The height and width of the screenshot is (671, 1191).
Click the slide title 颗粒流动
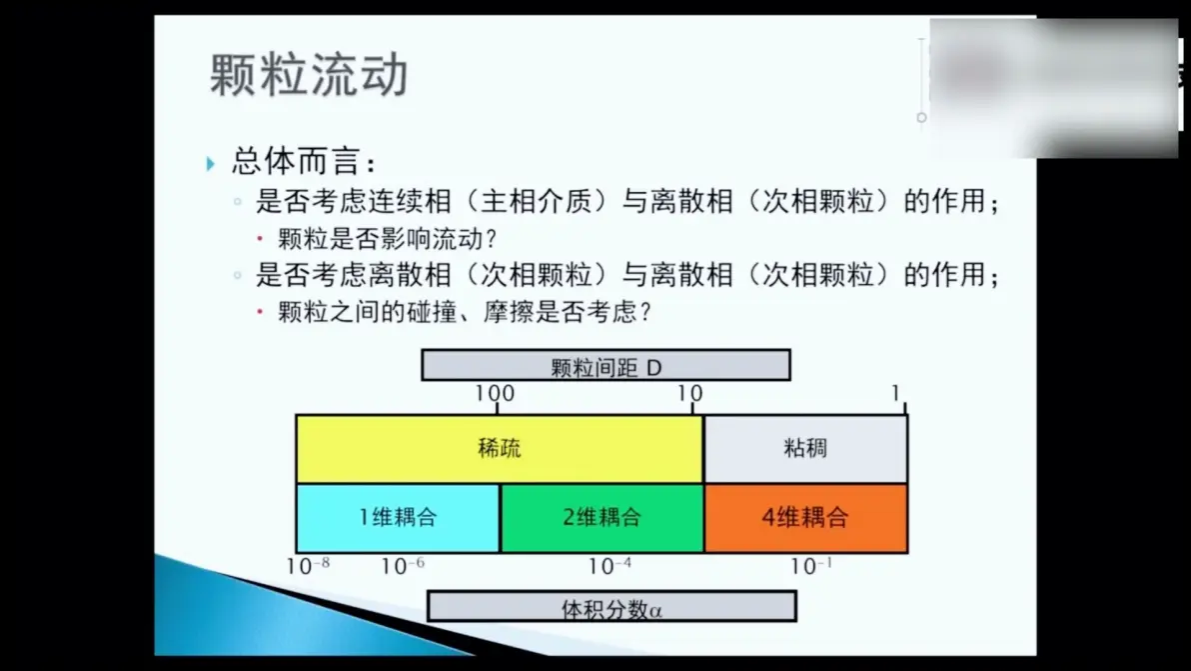[309, 74]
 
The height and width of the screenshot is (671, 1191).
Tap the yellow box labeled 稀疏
[499, 448]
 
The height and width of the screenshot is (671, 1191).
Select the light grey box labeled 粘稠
[805, 448]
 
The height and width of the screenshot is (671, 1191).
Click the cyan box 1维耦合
[398, 518]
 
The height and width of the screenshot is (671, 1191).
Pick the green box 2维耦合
[601, 518]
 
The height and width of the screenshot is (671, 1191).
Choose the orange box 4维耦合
[806, 518]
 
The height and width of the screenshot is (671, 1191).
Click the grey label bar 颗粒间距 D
[606, 366]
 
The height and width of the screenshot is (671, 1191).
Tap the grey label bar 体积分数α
[611, 607]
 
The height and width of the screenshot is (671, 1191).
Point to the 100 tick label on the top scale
[495, 394]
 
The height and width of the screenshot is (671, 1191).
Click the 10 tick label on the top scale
[689, 394]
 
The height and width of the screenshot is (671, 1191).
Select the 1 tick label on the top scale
[895, 393]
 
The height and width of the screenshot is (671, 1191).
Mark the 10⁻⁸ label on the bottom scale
[308, 566]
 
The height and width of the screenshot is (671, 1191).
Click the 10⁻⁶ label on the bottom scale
[403, 566]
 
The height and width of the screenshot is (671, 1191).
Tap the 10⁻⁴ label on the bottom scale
[609, 566]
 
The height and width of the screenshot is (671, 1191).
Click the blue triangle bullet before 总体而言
[211, 163]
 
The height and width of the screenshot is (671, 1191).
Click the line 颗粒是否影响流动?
[388, 239]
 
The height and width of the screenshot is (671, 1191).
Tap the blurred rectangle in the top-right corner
[1053, 88]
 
